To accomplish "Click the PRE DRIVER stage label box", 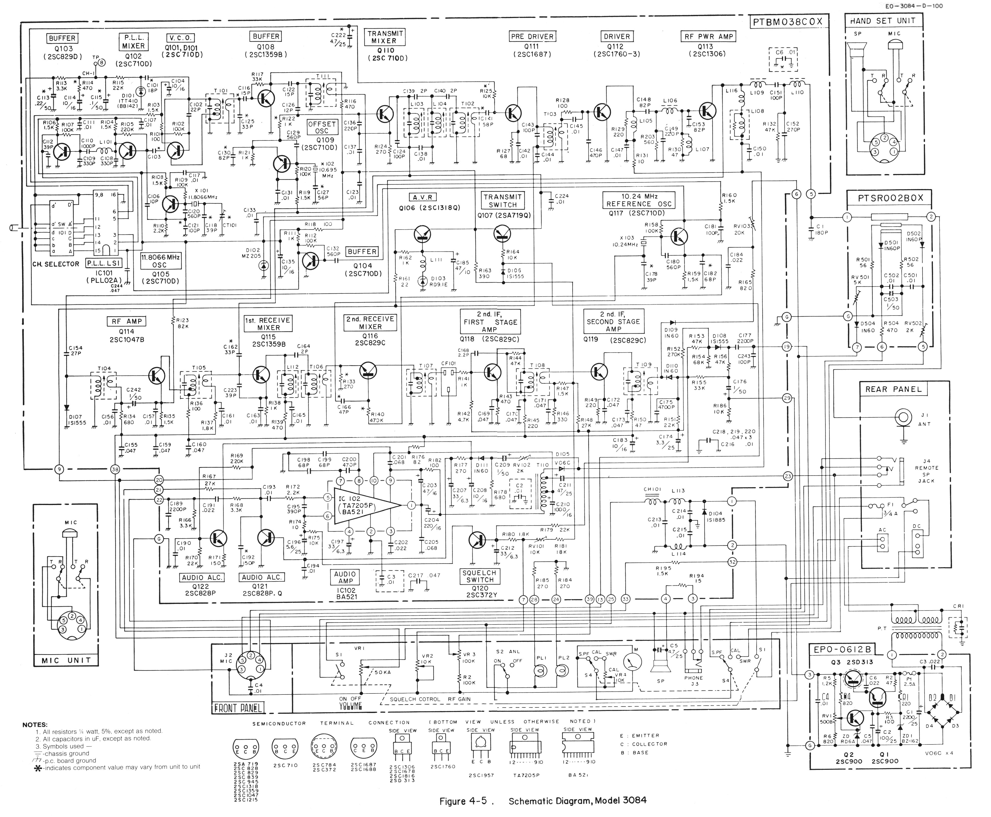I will pyautogui.click(x=532, y=36).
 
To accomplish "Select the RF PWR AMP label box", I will pyautogui.click(x=707, y=36).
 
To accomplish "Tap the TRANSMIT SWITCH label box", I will pyautogui.click(x=502, y=201).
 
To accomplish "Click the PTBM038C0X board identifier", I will pyautogui.click(x=788, y=22).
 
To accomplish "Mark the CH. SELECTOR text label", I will pyautogui.click(x=56, y=264).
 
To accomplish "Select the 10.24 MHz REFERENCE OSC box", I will pyautogui.click(x=639, y=200).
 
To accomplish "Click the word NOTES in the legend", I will pyautogui.click(x=35, y=725).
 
